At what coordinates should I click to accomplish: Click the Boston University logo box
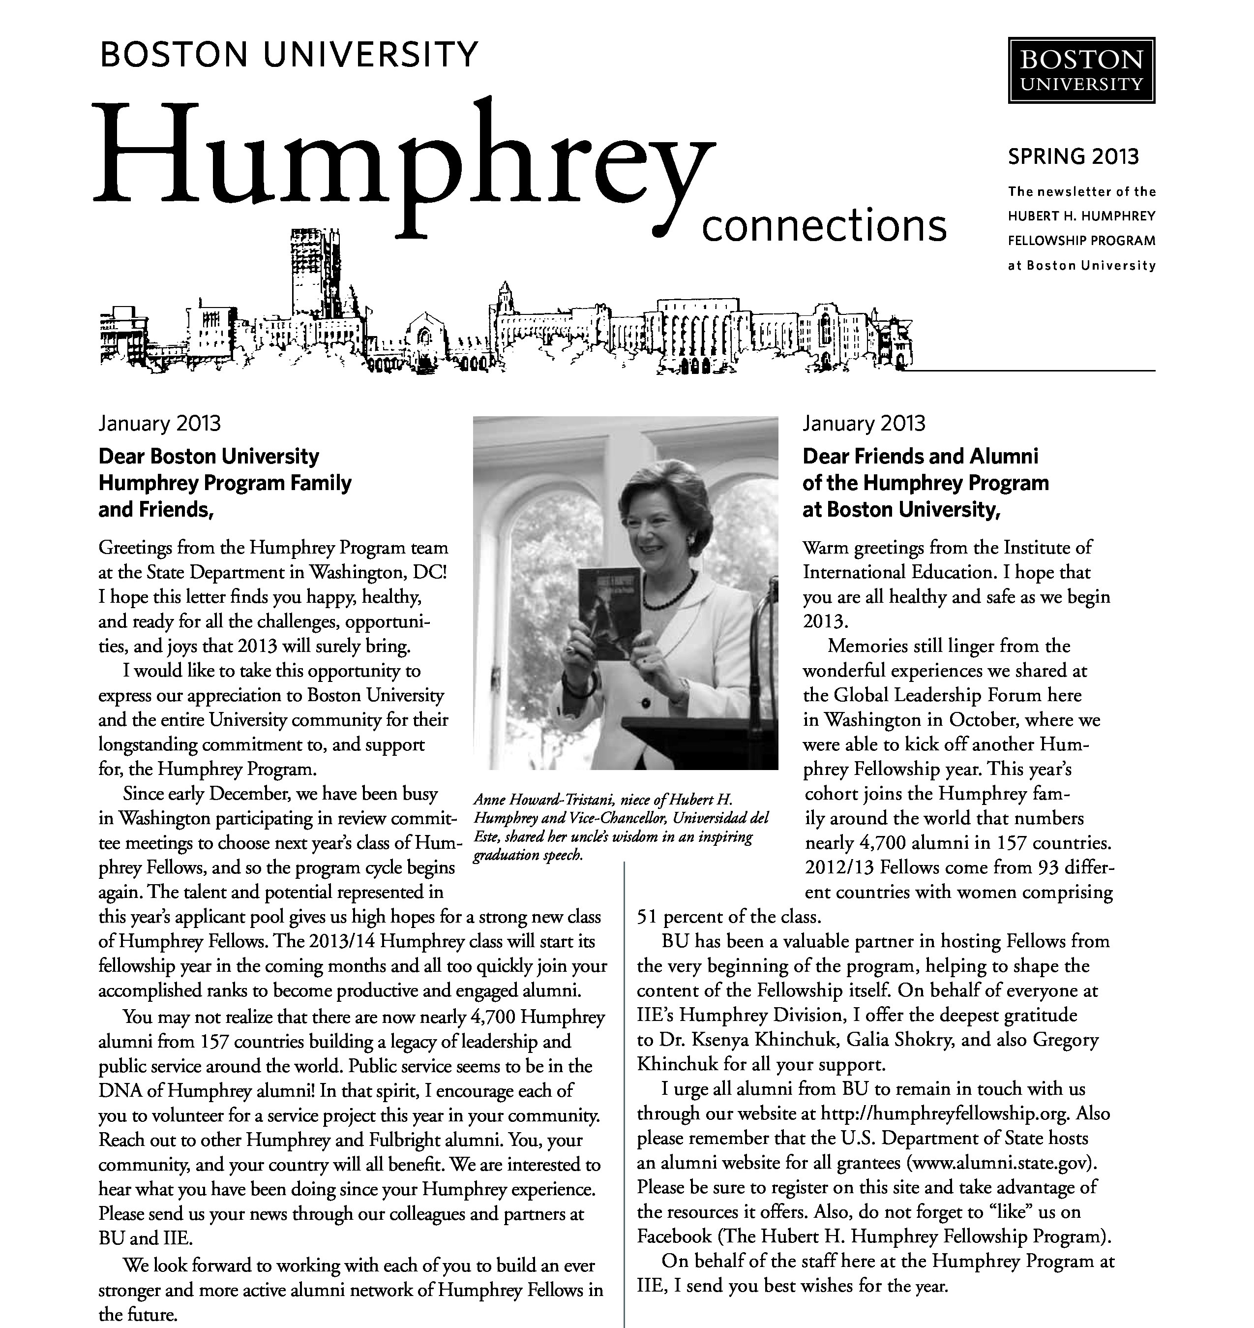click(x=1081, y=70)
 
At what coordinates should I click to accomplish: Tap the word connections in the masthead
click(x=824, y=226)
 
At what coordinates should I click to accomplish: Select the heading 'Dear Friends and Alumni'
click(x=921, y=456)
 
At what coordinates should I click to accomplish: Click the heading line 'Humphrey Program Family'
click(x=225, y=483)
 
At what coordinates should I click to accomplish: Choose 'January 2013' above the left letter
click(x=159, y=423)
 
